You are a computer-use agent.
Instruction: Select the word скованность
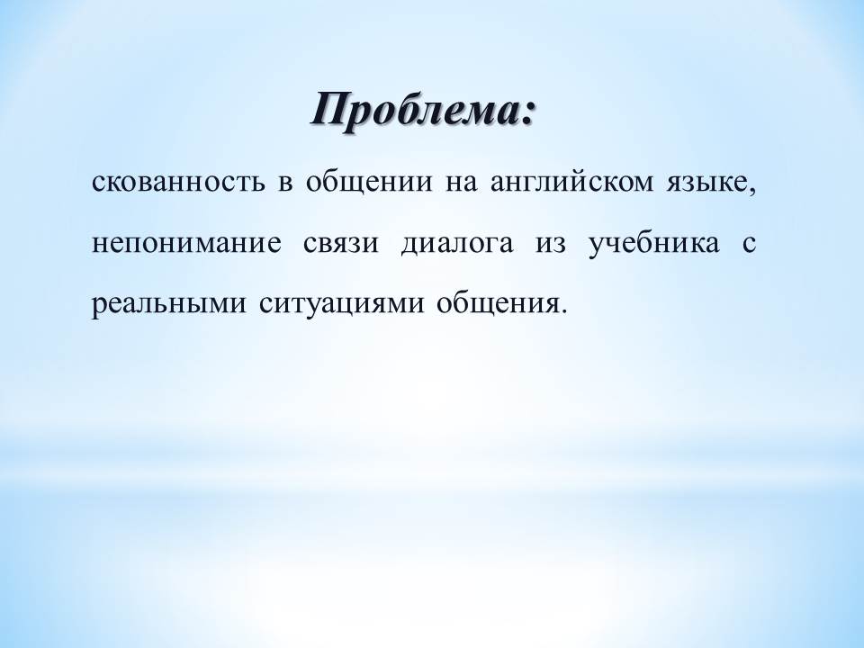[177, 183]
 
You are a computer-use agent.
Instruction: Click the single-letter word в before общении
[285, 183]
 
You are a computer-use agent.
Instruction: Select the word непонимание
[186, 244]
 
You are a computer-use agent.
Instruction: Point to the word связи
[341, 244]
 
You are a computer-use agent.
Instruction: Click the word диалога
[456, 245]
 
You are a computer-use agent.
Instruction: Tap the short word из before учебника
[551, 244]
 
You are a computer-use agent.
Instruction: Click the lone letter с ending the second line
[749, 244]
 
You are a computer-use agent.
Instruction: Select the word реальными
[168, 305]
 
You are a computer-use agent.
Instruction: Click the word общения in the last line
[498, 305]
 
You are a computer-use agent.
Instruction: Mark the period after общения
[562, 311]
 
